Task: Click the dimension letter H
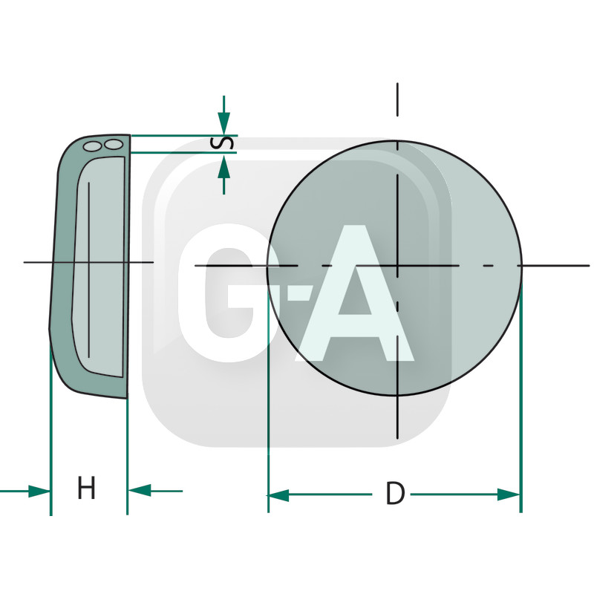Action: point(86,489)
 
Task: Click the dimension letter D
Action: point(395,495)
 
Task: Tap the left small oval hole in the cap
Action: point(92,146)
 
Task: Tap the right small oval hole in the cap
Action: point(114,144)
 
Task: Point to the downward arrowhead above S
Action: point(223,122)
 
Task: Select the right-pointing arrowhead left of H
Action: point(39,491)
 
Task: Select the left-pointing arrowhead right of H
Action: point(140,491)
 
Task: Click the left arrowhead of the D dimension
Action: point(278,495)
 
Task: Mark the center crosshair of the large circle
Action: point(397,265)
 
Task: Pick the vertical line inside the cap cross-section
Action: point(89,267)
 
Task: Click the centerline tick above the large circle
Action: point(397,99)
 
